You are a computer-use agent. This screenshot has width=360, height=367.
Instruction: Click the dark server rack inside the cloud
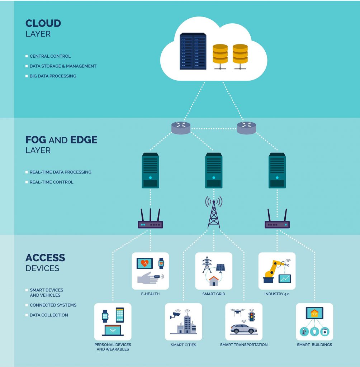[193, 51]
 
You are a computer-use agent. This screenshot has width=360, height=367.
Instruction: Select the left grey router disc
[181, 128]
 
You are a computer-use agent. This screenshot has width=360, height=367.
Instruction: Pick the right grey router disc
[246, 128]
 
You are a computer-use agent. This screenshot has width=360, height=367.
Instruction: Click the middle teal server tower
[214, 170]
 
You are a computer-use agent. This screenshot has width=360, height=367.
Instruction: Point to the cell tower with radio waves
[214, 212]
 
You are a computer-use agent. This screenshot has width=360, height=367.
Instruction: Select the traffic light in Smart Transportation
[252, 316]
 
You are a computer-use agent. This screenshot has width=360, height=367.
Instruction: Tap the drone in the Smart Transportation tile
[237, 312]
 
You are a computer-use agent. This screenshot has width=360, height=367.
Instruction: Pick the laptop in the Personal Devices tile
[113, 330]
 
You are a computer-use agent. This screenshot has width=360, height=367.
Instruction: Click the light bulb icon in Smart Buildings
[314, 332]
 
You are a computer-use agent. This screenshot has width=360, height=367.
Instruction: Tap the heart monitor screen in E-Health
[145, 263]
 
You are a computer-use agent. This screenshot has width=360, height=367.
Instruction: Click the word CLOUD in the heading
[43, 23]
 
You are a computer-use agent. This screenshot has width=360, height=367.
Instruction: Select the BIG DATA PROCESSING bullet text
[53, 76]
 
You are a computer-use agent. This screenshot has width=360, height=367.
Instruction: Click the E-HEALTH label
[150, 294]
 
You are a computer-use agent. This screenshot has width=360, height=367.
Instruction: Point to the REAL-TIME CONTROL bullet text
[51, 182]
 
